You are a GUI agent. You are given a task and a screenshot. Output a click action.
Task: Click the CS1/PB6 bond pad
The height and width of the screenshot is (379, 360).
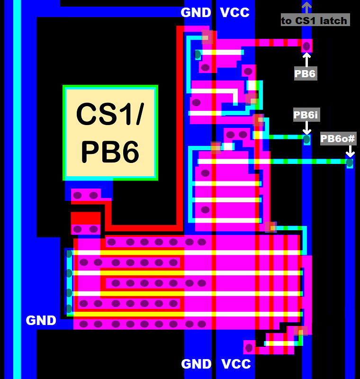coord(110,133)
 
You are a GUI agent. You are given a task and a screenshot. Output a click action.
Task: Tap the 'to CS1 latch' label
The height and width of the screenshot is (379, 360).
coord(315,20)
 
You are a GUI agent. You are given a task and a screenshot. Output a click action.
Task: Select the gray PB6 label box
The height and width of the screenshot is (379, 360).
coord(306,73)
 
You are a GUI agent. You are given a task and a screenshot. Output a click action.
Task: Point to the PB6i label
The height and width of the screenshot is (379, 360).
coord(306,115)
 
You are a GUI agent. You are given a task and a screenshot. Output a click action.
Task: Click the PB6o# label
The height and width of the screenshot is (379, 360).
coord(338,139)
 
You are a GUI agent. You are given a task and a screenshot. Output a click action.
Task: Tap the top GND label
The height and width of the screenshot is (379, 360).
coord(196,13)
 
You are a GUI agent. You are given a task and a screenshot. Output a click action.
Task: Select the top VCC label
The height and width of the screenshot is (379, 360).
coord(235,13)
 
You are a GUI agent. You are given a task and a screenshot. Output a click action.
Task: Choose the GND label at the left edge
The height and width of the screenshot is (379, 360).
coord(41,321)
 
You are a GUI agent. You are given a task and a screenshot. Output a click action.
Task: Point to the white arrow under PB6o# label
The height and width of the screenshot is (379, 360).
coord(350,151)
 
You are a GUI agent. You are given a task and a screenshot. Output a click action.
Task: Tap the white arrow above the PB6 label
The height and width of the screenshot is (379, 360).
coord(306,59)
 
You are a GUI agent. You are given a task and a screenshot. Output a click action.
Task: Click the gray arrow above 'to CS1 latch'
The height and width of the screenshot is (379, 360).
coord(306,7)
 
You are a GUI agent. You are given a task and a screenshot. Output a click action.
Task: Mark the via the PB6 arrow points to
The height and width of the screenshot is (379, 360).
coord(306,46)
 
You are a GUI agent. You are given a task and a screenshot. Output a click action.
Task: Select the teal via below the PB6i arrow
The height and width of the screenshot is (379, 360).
coord(306,140)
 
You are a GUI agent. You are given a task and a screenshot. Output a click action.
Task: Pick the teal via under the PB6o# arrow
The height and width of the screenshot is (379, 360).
coord(350,163)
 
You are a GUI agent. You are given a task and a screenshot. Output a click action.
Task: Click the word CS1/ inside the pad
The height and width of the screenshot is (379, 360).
coord(110,114)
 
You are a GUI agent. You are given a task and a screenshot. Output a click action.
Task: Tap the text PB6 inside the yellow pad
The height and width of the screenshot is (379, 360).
coord(110,152)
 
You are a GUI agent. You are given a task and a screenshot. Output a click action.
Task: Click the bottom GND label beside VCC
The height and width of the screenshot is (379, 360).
coord(197,364)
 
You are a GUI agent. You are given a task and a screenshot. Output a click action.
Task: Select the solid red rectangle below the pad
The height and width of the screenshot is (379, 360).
coord(86,218)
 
